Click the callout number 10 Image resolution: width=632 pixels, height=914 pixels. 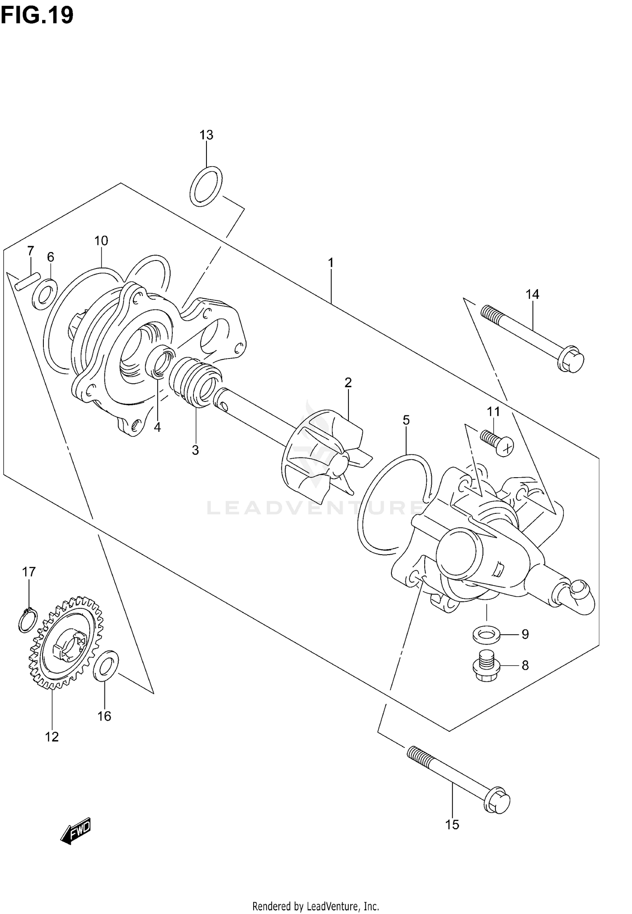click(x=101, y=241)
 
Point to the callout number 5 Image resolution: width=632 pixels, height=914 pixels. click(x=406, y=420)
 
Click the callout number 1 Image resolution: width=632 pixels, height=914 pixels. click(x=331, y=263)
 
